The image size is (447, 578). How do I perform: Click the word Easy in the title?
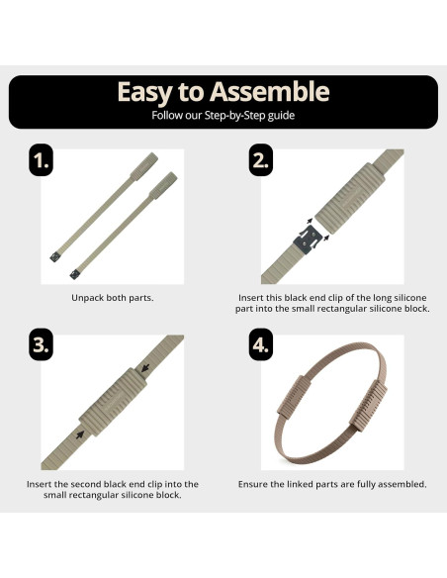144,92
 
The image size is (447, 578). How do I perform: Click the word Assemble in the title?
270,91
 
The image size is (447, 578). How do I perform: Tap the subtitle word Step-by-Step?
234,116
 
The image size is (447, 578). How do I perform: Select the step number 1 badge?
41,160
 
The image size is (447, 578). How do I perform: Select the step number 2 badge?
261,160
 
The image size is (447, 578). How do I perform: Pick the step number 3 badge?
41,344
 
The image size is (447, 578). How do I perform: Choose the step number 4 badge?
261,344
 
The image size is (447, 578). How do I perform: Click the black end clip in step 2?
307,239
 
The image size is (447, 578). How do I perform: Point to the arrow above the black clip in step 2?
310,221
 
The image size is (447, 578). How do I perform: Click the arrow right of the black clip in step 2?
326,238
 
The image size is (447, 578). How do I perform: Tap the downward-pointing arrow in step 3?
145,368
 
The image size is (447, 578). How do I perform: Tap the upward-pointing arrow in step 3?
80,434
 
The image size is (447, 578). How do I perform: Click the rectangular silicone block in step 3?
113,402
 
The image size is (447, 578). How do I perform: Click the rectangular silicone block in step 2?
350,198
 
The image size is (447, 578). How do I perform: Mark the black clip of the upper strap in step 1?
55,256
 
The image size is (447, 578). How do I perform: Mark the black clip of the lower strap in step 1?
75,274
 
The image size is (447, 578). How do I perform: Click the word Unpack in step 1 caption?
87,298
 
